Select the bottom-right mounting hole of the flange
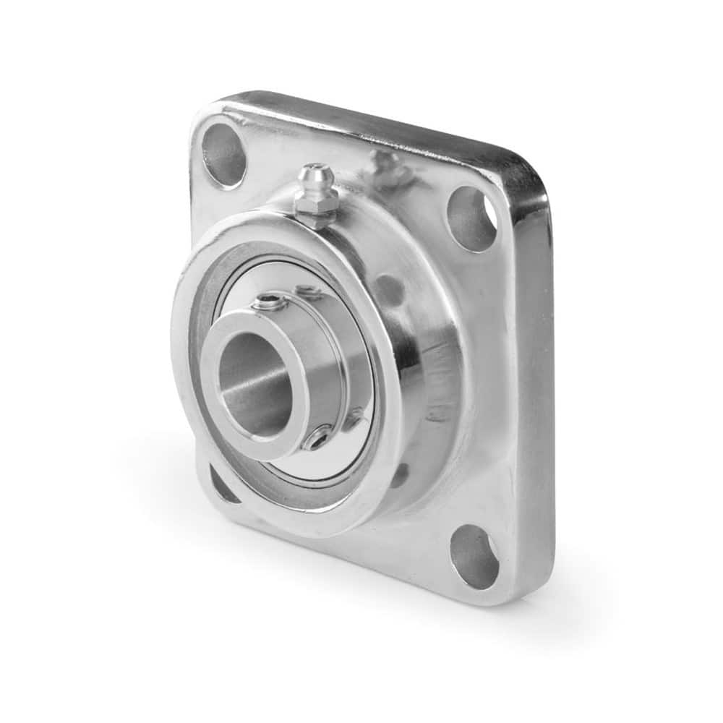[x=474, y=556]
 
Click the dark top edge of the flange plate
[x=376, y=116]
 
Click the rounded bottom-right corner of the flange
[x=531, y=589]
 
